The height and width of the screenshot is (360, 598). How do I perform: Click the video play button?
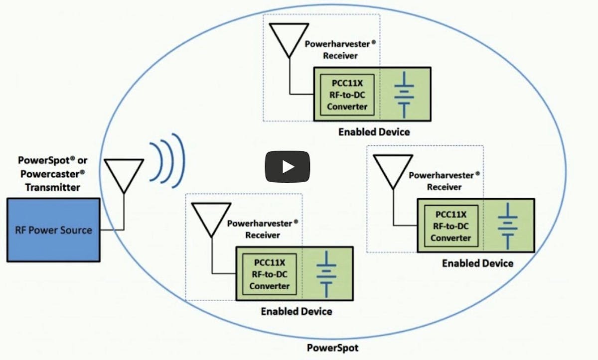click(287, 166)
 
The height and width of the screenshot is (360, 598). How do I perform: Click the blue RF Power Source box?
click(53, 230)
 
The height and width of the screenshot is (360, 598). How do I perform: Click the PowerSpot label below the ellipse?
click(332, 348)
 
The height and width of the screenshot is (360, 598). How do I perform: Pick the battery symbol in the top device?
click(405, 94)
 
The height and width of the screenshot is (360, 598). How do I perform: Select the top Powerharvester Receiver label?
click(340, 49)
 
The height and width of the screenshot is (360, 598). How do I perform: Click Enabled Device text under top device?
click(374, 132)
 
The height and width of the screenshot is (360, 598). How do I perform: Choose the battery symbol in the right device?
click(508, 226)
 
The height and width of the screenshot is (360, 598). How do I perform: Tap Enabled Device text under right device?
click(477, 263)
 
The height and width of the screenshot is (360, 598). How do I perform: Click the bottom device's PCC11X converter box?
click(269, 274)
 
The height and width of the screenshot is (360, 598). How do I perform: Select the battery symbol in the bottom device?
click(326, 274)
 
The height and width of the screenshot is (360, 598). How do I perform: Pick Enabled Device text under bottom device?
click(296, 311)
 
